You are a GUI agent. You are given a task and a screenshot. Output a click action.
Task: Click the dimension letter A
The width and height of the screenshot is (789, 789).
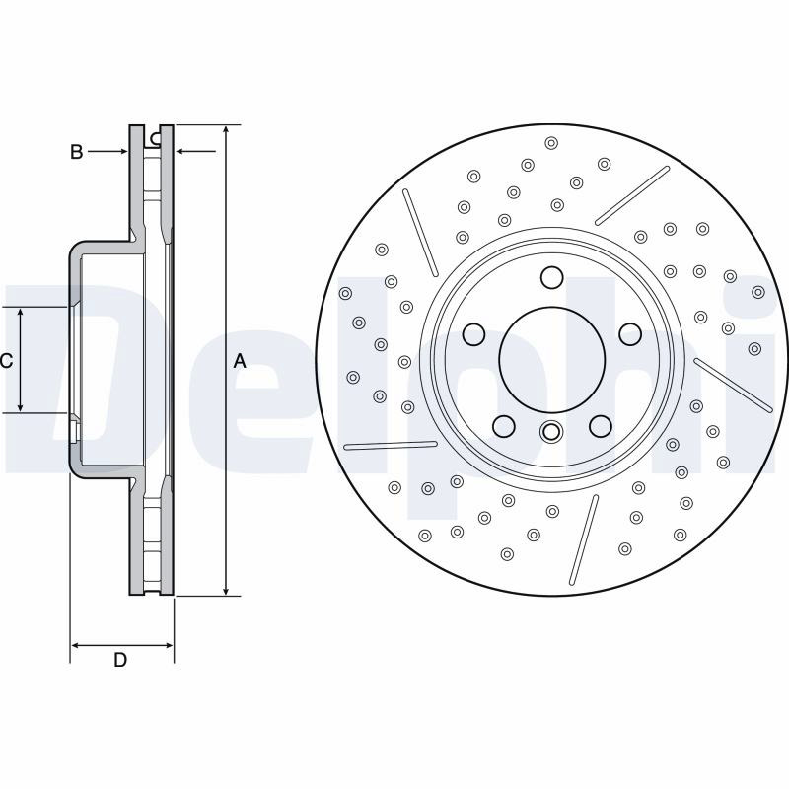[240, 360]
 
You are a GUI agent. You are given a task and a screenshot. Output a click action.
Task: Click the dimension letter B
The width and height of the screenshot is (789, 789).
[77, 152]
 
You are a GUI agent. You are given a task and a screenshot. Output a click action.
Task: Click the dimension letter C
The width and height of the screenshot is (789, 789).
[6, 360]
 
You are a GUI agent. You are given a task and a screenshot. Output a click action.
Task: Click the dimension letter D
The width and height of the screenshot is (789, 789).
[120, 660]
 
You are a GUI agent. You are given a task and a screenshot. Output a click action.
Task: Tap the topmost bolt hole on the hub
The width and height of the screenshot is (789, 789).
[552, 278]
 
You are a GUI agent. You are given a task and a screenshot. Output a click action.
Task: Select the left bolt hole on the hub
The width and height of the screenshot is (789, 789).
[473, 334]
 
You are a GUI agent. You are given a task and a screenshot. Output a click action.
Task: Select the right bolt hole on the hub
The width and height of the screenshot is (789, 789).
[630, 334]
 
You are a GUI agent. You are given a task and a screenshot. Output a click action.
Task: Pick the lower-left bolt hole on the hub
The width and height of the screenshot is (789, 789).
[504, 426]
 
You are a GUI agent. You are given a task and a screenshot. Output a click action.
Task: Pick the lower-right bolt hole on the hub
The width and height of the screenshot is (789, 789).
[601, 426]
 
